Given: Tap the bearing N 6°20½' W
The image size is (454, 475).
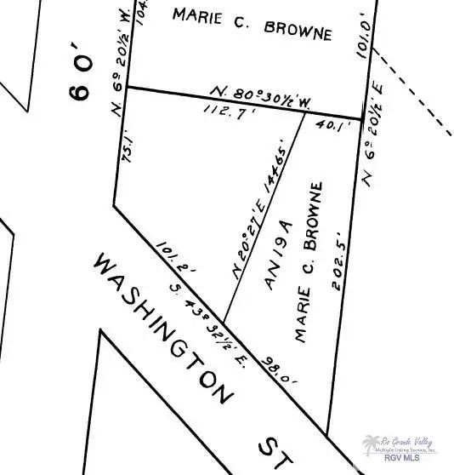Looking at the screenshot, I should coord(120,54).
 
